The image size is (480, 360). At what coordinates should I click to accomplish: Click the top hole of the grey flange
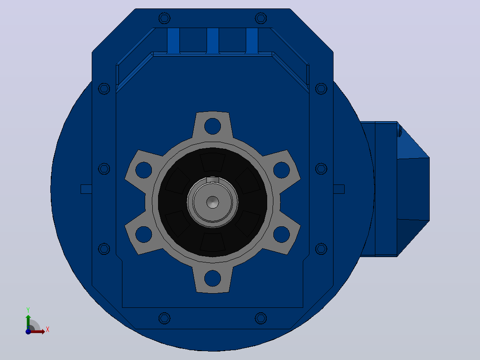click(x=212, y=126)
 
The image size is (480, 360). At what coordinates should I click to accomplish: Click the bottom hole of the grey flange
click(x=212, y=278)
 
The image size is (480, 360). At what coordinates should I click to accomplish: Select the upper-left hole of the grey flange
click(x=143, y=170)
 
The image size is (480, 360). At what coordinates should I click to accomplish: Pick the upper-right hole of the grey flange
click(x=281, y=170)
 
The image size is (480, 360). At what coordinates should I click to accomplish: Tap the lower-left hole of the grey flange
click(x=143, y=234)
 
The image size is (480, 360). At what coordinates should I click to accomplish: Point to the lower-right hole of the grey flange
click(x=281, y=234)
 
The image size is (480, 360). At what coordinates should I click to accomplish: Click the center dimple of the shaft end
click(x=212, y=202)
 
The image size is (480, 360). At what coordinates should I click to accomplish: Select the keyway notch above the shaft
click(x=212, y=180)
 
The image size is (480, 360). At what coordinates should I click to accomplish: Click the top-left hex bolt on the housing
click(x=164, y=18)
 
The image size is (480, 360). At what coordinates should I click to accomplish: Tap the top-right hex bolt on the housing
click(x=261, y=18)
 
